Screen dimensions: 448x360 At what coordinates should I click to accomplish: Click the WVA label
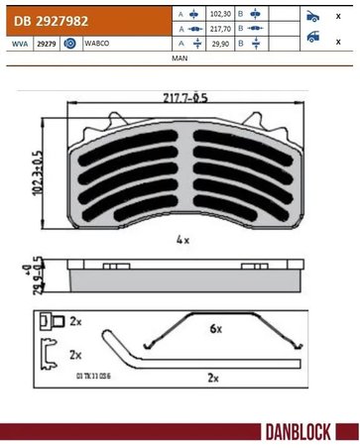[19, 45]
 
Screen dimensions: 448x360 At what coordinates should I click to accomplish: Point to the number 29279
[46, 45]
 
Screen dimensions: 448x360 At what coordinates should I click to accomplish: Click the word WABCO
[97, 45]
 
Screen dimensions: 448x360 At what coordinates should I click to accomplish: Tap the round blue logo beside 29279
[69, 45]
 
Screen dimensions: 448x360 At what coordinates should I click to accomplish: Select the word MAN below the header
[180, 59]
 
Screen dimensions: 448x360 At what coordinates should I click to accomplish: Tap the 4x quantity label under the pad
[182, 239]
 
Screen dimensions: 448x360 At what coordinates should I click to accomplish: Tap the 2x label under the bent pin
[211, 378]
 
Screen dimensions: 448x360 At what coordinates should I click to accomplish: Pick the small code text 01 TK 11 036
[93, 378]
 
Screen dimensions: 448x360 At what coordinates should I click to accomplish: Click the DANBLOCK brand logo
[308, 432]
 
